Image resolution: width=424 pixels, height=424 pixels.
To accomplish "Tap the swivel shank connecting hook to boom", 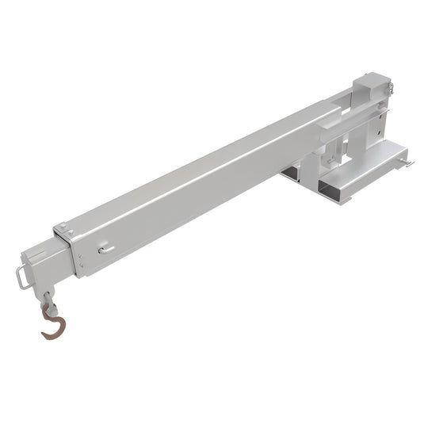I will click(x=50, y=300).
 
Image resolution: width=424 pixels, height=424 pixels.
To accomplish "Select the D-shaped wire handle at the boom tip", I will click(x=22, y=277).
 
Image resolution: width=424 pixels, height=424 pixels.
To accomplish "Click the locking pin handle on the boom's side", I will click(x=106, y=250).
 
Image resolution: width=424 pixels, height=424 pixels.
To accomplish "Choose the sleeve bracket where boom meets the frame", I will click(x=333, y=119).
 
